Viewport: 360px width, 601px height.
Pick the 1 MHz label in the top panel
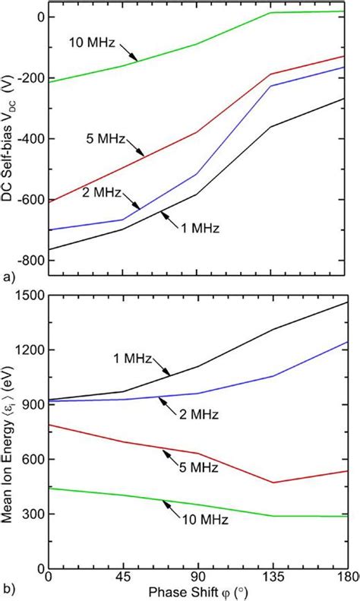click(193, 226)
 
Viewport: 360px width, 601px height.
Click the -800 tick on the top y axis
click(27, 261)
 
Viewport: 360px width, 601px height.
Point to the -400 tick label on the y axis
click(27, 139)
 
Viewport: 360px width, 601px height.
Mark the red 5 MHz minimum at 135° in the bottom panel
click(273, 482)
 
